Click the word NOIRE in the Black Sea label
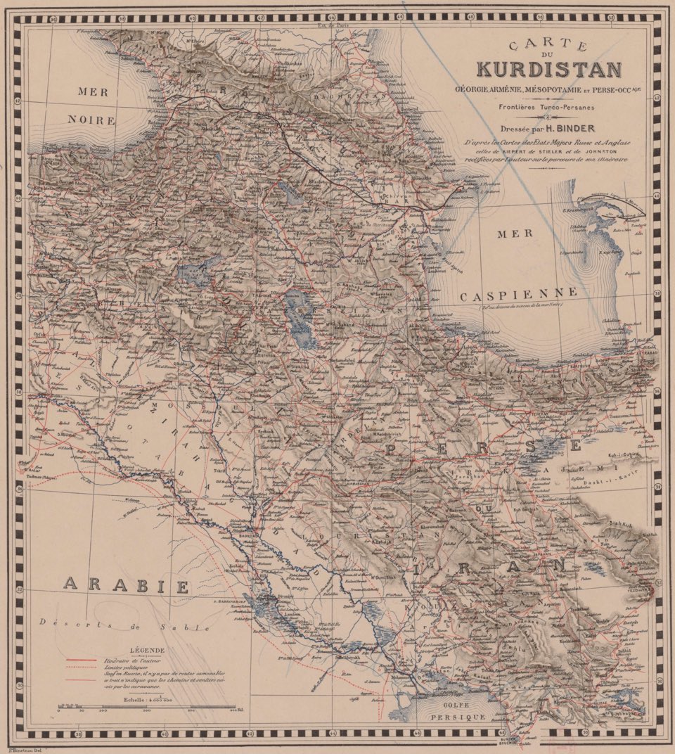coord(91,120)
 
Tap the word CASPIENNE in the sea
coord(519,295)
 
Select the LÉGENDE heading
coord(148,650)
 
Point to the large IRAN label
coord(492,563)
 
